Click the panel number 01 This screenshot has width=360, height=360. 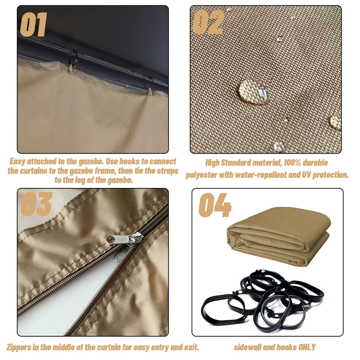point(34,25)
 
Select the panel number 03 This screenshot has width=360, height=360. point(36,204)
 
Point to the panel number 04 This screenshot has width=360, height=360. point(215,205)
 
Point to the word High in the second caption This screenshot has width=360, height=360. point(212,163)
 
